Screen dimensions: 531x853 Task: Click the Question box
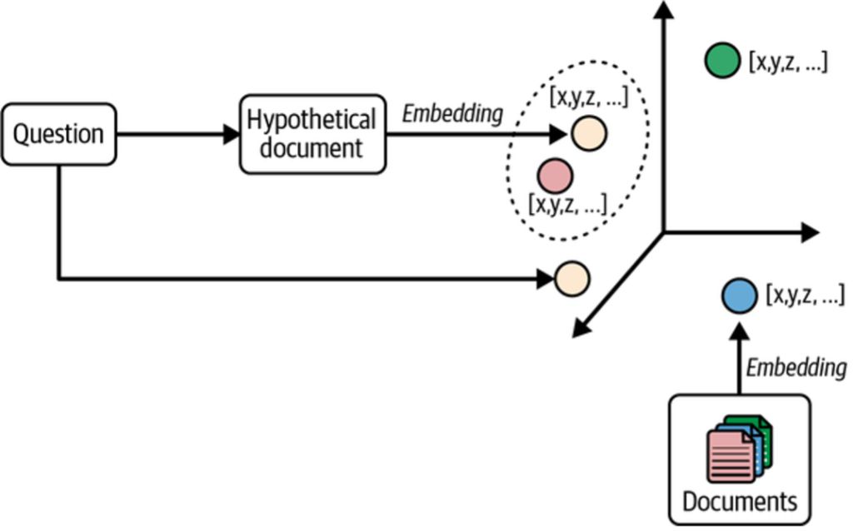[58, 133]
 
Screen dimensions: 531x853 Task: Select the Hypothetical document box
[312, 133]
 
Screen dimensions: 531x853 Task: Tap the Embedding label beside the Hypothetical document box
[452, 113]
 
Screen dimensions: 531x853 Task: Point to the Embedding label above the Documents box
[796, 367]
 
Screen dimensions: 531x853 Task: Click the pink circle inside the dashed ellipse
[554, 176]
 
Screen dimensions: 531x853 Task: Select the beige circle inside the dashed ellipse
[589, 133]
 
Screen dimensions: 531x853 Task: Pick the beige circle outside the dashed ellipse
[572, 279]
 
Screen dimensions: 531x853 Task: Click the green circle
[721, 62]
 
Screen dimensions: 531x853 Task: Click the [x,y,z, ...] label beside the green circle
[788, 62]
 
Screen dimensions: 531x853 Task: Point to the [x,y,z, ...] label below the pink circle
[567, 204]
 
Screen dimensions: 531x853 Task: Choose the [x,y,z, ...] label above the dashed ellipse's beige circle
[588, 97]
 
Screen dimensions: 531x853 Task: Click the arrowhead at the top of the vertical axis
[663, 10]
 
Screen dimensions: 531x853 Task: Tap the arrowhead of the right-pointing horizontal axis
[810, 233]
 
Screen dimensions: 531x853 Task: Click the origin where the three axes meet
[663, 233]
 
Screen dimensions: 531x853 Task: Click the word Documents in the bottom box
[739, 502]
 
